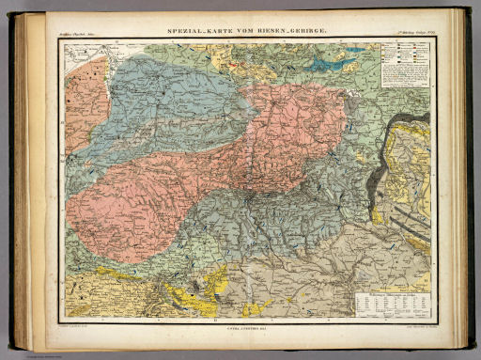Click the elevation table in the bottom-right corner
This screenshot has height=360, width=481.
(393, 302)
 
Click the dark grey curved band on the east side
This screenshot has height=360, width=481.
(376, 150)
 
